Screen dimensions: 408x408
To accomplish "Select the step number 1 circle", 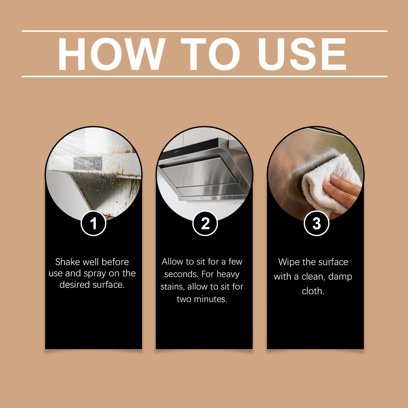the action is tap(94, 223).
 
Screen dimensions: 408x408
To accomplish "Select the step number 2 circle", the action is tap(205, 223).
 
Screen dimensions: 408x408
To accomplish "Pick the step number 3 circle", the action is tap(316, 223).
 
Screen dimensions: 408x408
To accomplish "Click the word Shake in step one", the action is tap(67, 262).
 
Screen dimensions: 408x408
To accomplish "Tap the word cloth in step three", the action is tap(313, 291).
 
